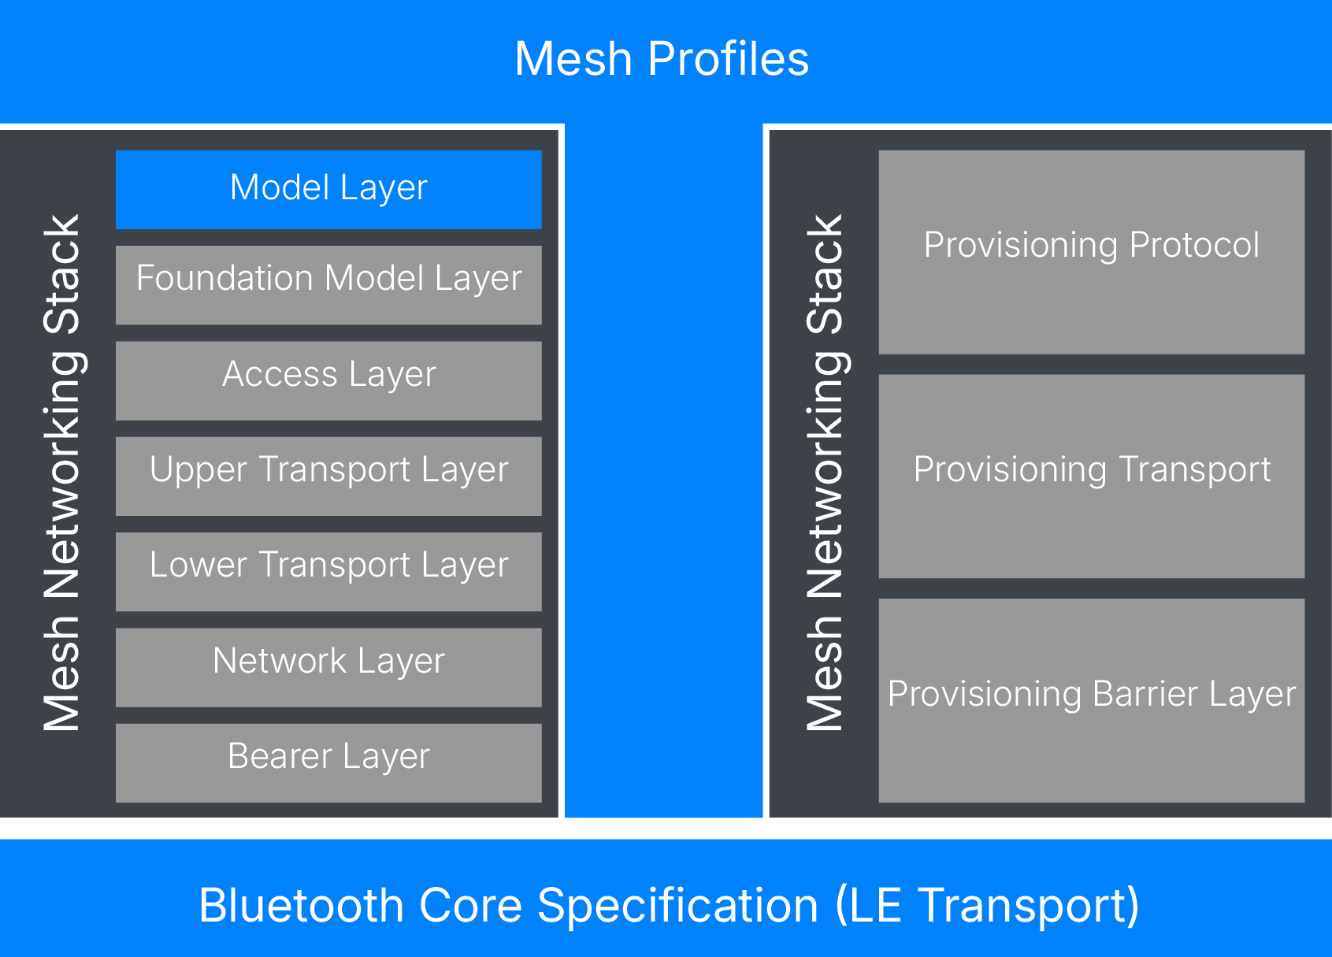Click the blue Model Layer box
coord(328,189)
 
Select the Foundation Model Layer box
coord(328,284)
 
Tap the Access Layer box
coord(328,380)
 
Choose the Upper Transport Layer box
coord(328,476)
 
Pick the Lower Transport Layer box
coord(328,571)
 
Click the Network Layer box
coord(328,667)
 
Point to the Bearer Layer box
coord(328,762)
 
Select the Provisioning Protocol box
coord(1091,252)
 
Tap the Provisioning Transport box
coord(1091,476)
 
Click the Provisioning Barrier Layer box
coord(1091,700)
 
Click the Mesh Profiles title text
coord(662,59)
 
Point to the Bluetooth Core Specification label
coord(669,905)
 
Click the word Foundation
coord(225,278)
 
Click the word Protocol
coord(1194,245)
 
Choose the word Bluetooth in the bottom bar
coord(302,905)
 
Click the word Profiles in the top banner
coord(729,59)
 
